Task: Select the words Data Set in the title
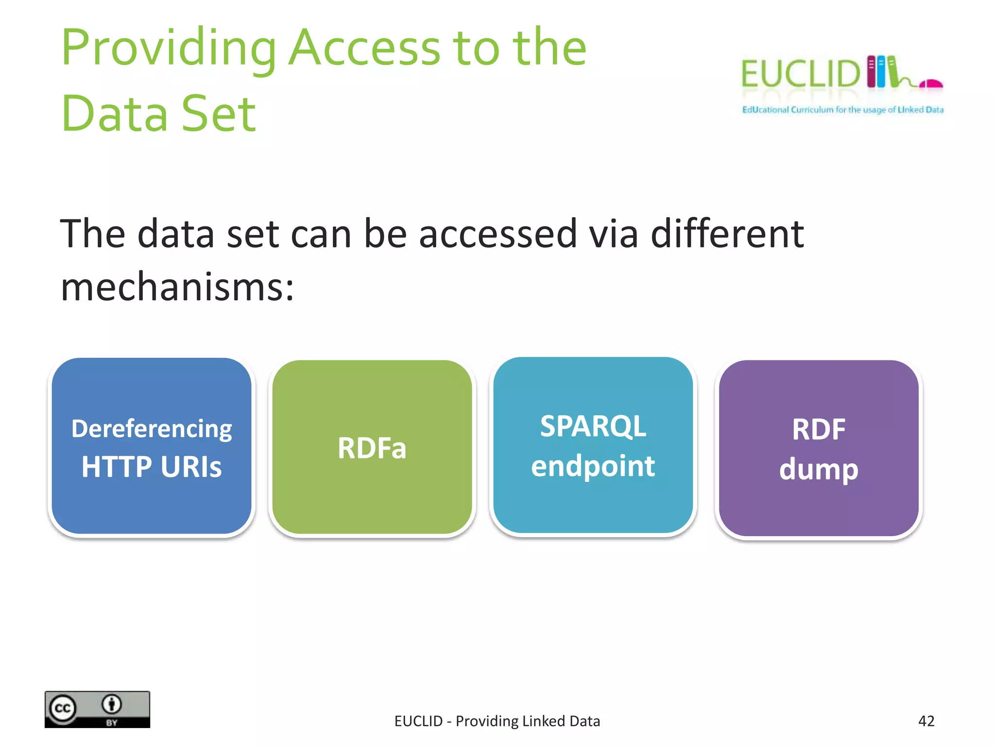(x=158, y=114)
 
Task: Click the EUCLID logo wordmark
(x=800, y=74)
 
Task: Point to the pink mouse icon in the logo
(x=932, y=84)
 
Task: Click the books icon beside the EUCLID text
(x=882, y=72)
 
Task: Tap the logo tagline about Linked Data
(x=842, y=110)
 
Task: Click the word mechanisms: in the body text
(x=177, y=287)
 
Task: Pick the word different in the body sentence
(x=727, y=234)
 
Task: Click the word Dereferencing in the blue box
(x=152, y=429)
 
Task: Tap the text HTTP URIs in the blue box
(x=152, y=467)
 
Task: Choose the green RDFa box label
(x=372, y=448)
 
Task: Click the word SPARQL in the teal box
(x=593, y=426)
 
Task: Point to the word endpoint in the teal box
(x=593, y=466)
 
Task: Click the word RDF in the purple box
(x=819, y=429)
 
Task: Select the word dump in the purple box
(x=819, y=470)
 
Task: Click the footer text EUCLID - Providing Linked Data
(x=497, y=721)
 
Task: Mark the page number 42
(x=926, y=721)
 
